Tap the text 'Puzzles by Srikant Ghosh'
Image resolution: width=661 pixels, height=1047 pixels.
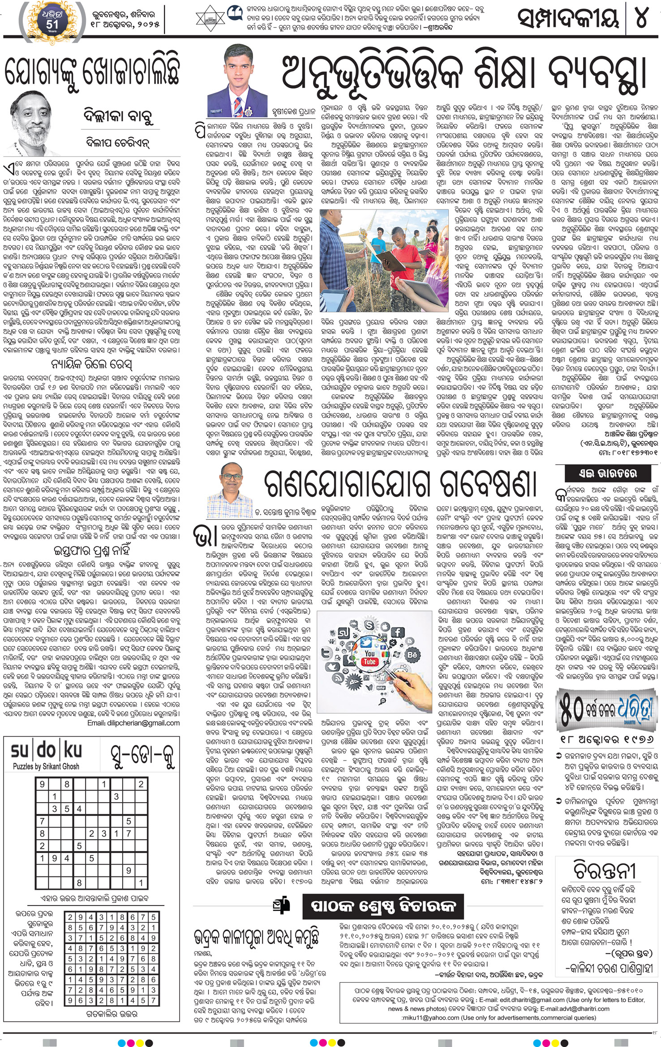pyautogui.click(x=46, y=766)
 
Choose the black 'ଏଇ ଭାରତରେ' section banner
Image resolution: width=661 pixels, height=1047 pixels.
pyautogui.click(x=606, y=473)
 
